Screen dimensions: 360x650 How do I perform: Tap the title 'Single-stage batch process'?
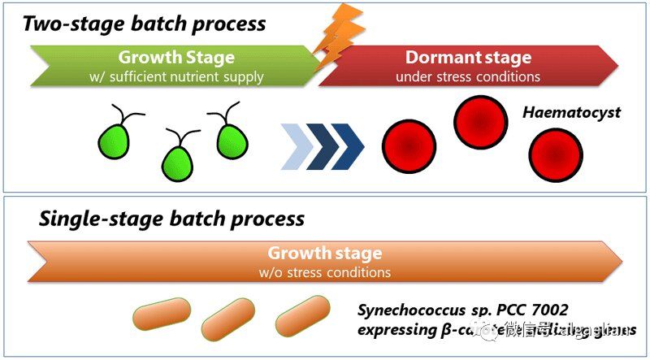point(171,219)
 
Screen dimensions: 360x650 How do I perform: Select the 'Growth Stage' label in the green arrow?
point(175,58)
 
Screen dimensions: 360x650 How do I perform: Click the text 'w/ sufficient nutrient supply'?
point(176,77)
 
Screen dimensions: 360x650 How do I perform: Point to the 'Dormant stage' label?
point(468,58)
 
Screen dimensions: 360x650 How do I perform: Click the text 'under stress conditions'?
point(468,77)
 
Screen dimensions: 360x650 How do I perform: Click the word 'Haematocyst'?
point(572,113)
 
